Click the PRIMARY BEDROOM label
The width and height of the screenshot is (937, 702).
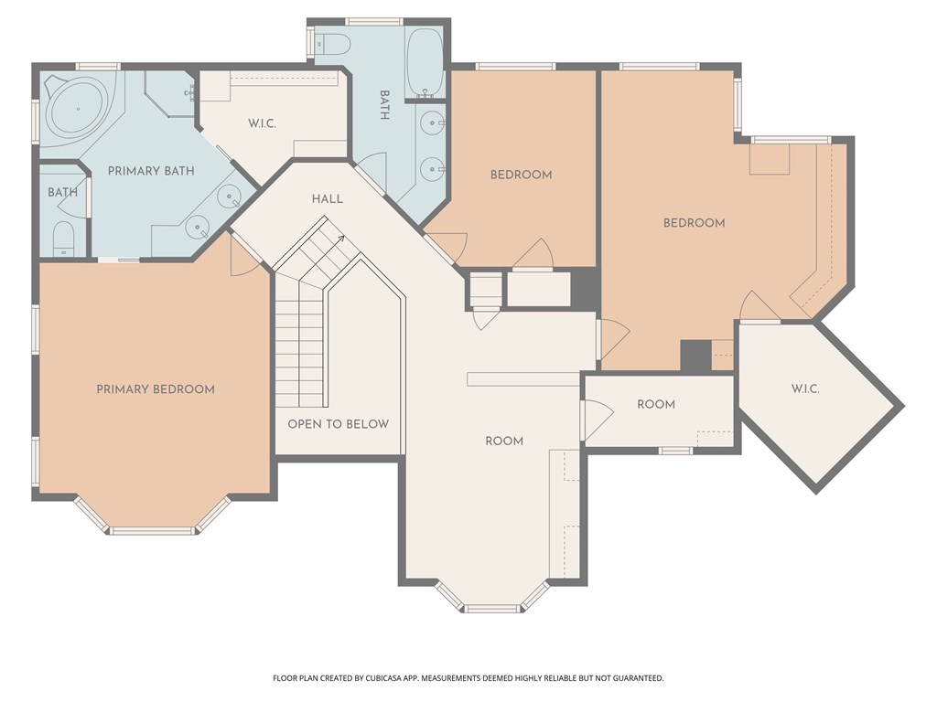click(x=156, y=389)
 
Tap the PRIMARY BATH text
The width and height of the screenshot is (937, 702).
click(x=151, y=171)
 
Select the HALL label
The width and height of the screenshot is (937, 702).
click(x=328, y=198)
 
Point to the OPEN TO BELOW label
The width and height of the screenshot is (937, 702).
click(x=339, y=424)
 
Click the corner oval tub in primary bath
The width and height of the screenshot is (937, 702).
click(x=78, y=109)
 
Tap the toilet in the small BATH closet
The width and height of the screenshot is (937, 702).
click(x=63, y=239)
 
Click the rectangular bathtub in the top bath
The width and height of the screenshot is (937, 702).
click(x=425, y=62)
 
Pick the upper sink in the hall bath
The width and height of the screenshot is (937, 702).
click(x=432, y=123)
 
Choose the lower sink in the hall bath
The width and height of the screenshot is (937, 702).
click(x=432, y=169)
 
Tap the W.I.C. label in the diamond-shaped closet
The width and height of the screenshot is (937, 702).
click(x=805, y=388)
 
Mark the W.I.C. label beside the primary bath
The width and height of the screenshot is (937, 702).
click(x=262, y=123)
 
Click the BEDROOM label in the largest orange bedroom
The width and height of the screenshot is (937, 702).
click(x=694, y=223)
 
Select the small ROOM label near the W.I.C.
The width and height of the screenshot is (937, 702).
click(x=656, y=404)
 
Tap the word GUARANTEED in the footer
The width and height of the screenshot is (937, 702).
click(x=641, y=678)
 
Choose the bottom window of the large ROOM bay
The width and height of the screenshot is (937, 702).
click(x=491, y=609)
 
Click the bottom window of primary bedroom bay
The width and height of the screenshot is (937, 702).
click(x=153, y=531)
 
